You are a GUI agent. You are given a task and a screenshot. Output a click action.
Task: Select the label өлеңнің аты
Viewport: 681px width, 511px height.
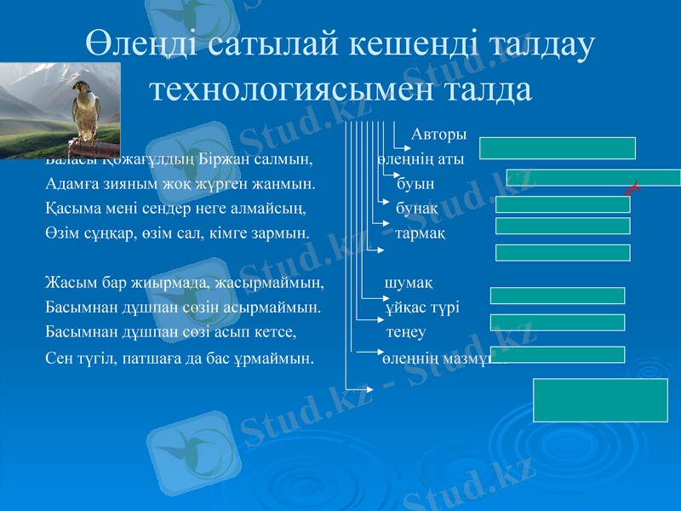(x=421, y=159)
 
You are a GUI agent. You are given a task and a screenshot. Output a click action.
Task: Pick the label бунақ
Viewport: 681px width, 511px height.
(x=417, y=208)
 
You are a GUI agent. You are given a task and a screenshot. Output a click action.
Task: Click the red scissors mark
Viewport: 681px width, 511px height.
(x=632, y=187)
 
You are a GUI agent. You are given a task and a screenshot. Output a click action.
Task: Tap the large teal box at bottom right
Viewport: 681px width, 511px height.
(x=600, y=399)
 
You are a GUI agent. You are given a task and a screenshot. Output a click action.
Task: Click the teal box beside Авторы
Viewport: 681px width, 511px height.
(x=558, y=148)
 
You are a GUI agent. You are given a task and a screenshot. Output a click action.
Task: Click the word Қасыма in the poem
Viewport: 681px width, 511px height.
(x=72, y=208)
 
